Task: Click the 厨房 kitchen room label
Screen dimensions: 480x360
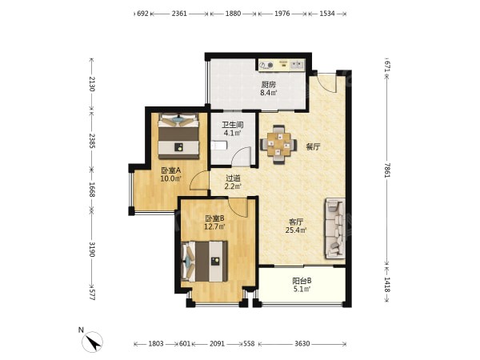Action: click(269, 84)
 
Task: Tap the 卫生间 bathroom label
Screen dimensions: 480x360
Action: click(233, 125)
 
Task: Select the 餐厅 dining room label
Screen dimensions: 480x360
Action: click(313, 147)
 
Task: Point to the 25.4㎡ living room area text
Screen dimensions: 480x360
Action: click(296, 230)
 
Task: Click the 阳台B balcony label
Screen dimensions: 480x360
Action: click(302, 281)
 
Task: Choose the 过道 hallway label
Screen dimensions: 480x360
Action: click(233, 178)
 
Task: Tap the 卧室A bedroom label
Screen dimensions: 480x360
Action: click(171, 170)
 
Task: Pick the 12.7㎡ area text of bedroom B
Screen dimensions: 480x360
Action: click(215, 227)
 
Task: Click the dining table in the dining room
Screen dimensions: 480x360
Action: click(278, 144)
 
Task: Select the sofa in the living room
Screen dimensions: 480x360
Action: click(335, 228)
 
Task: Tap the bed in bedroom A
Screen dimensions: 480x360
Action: click(178, 136)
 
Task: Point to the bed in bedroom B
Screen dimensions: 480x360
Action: click(204, 261)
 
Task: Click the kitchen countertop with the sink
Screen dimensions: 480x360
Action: click(282, 65)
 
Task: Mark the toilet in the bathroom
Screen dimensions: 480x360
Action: click(218, 145)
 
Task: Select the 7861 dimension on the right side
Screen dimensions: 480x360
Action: click(387, 170)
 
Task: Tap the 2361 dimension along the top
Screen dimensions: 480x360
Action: click(179, 14)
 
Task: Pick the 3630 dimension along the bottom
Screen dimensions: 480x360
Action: click(302, 344)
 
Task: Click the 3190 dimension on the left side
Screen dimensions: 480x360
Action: click(92, 249)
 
